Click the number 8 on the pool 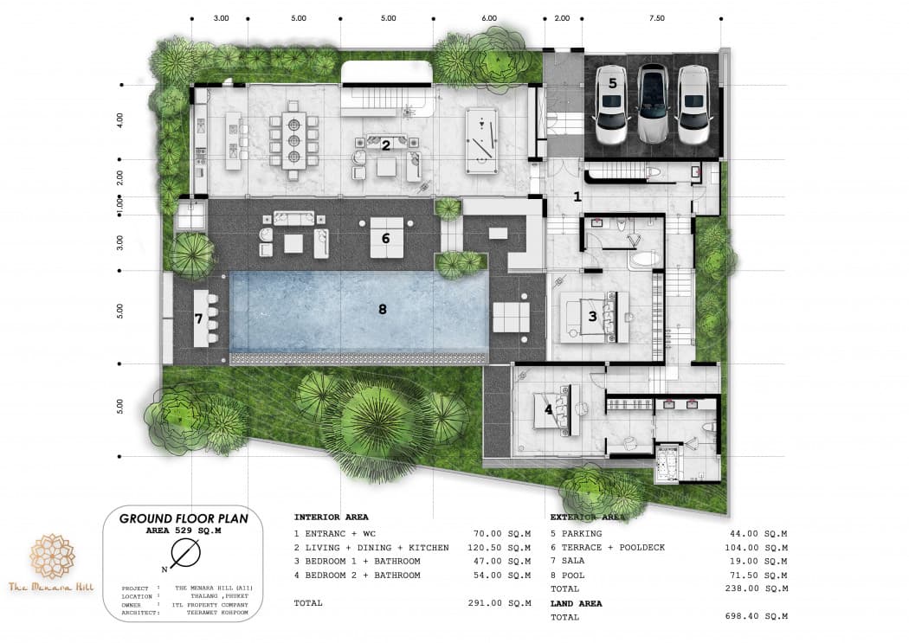382,307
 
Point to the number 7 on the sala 198,318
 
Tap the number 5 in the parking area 612,83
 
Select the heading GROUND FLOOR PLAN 184,518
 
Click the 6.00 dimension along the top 489,17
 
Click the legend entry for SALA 573,561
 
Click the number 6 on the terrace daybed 385,236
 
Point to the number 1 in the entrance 577,197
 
